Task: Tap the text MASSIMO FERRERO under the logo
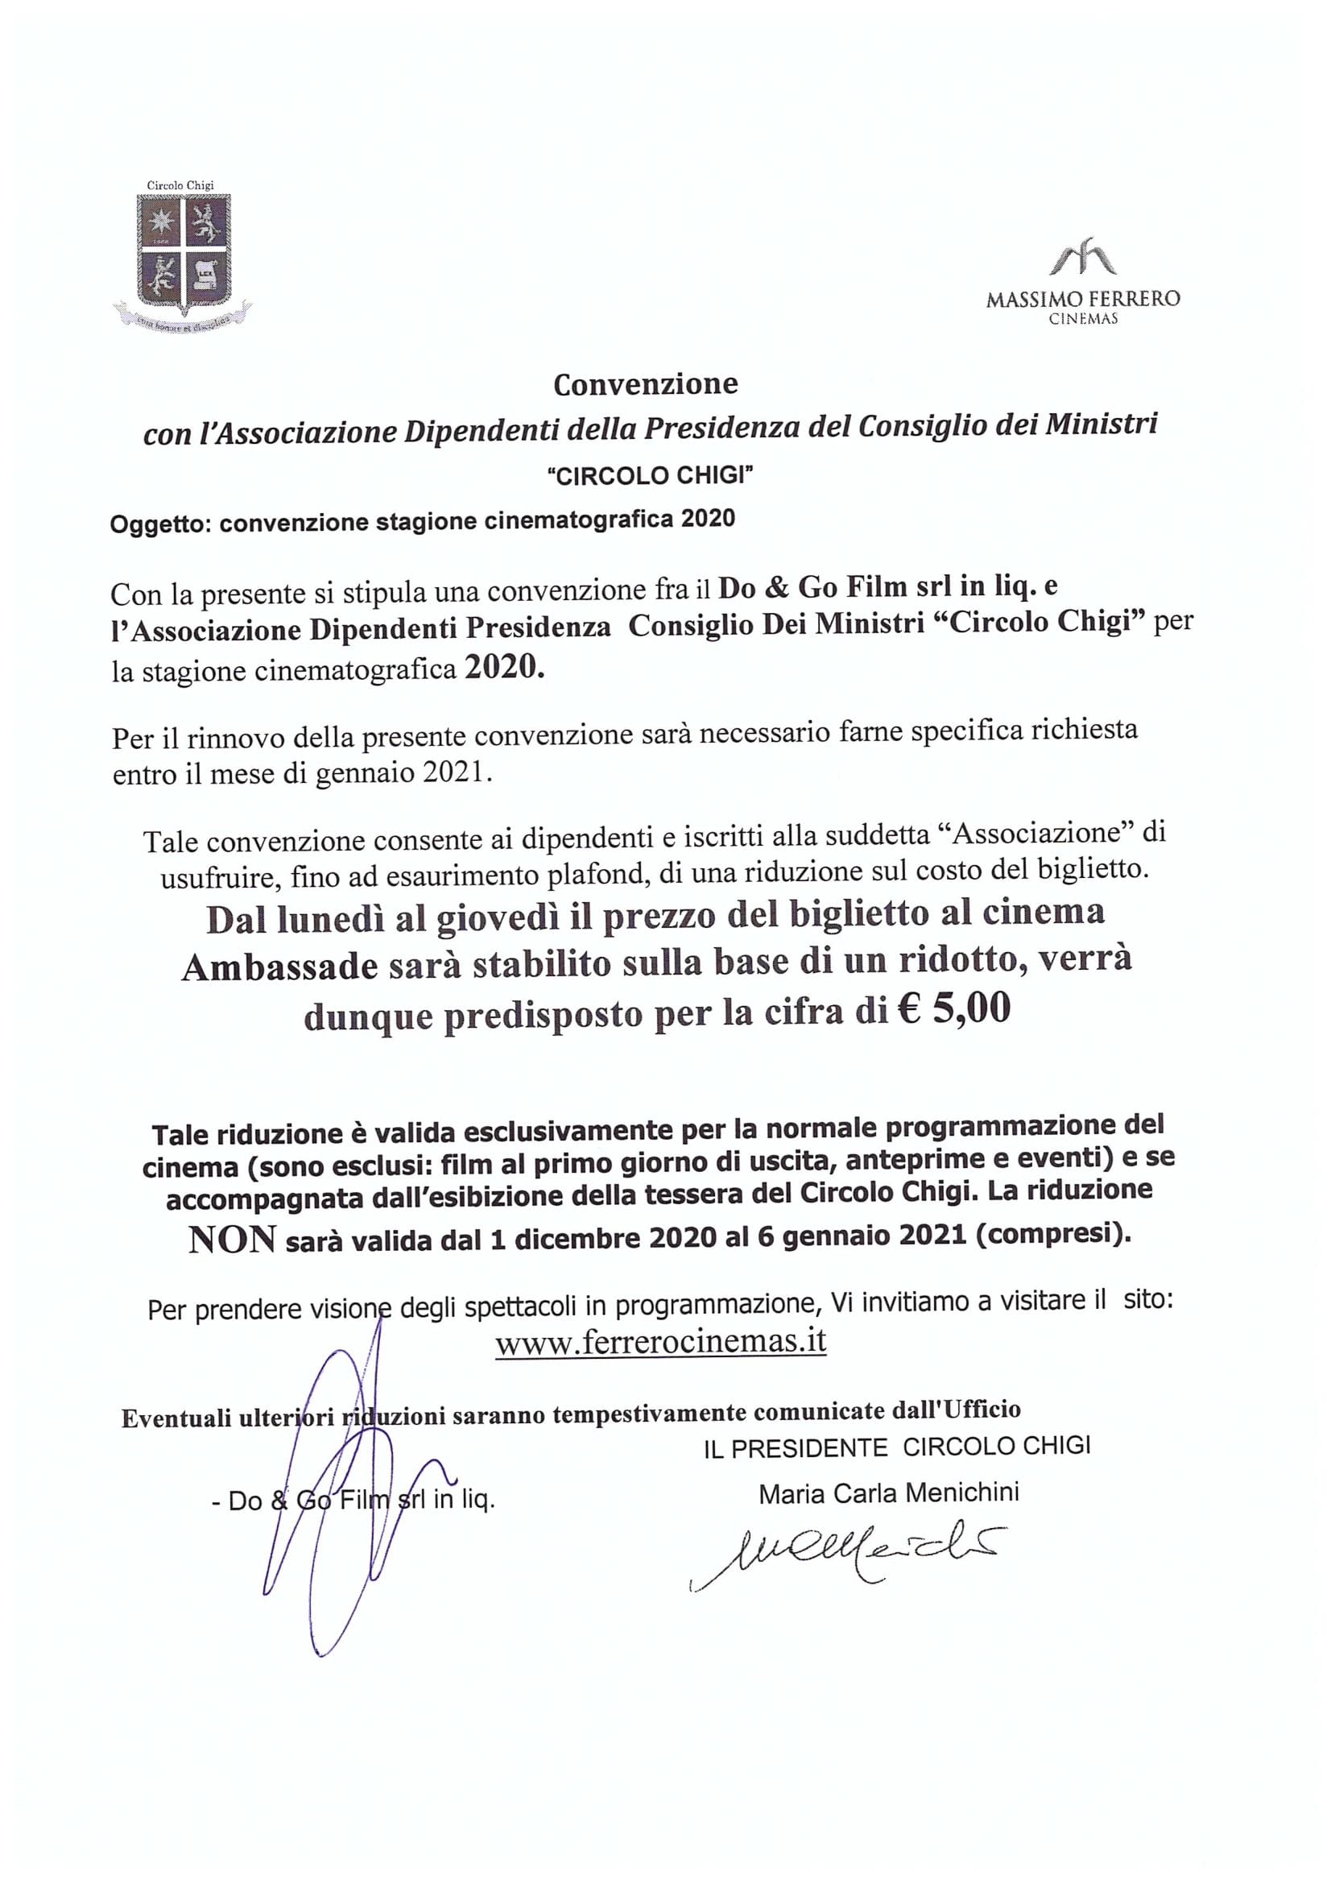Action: (x=1082, y=300)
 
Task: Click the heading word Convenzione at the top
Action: (x=646, y=384)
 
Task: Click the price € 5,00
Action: (x=953, y=1009)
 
